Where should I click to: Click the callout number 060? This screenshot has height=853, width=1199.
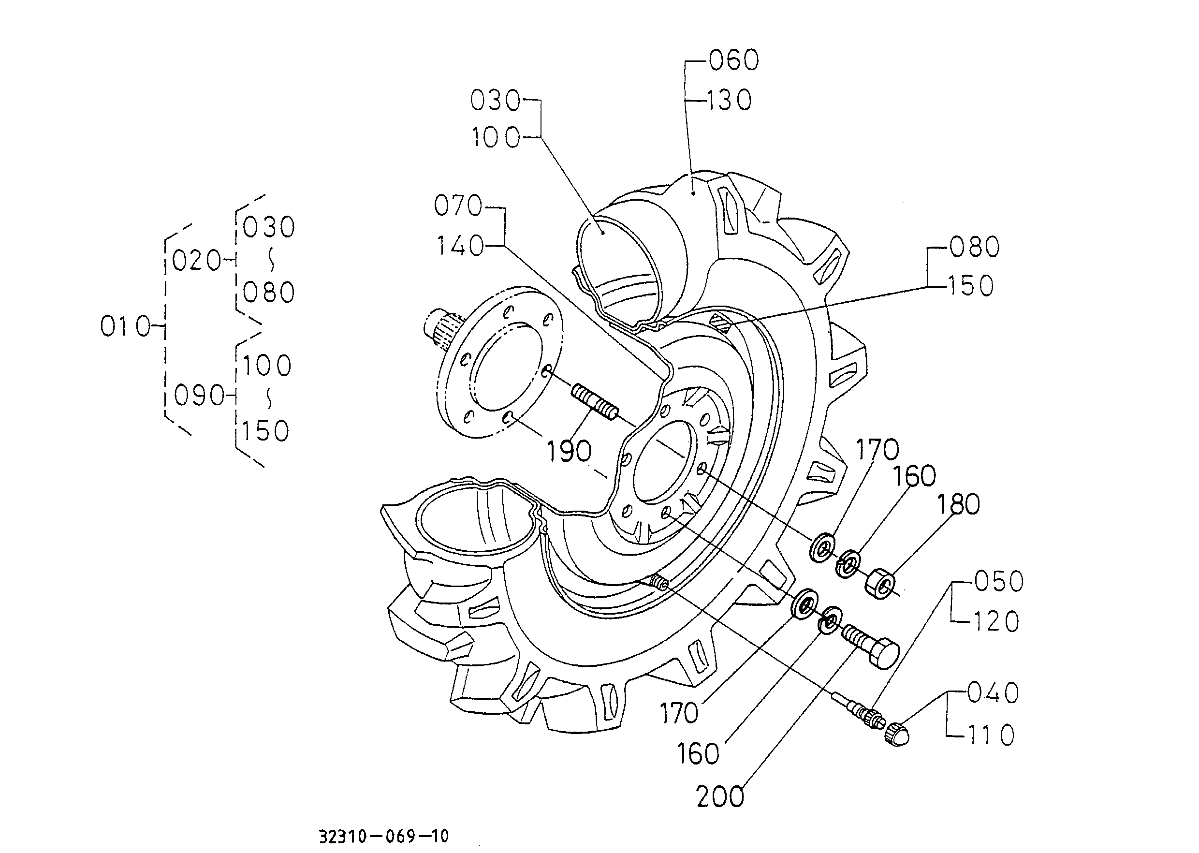(x=734, y=60)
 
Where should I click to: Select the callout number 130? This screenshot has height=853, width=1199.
(x=729, y=100)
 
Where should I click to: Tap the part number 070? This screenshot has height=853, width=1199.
(x=458, y=206)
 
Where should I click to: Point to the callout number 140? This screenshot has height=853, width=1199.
(x=460, y=246)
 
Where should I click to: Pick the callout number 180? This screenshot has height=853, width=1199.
(x=958, y=504)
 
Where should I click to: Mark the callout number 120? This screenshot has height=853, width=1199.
(x=996, y=622)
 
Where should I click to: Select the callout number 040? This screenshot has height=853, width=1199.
(x=993, y=693)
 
